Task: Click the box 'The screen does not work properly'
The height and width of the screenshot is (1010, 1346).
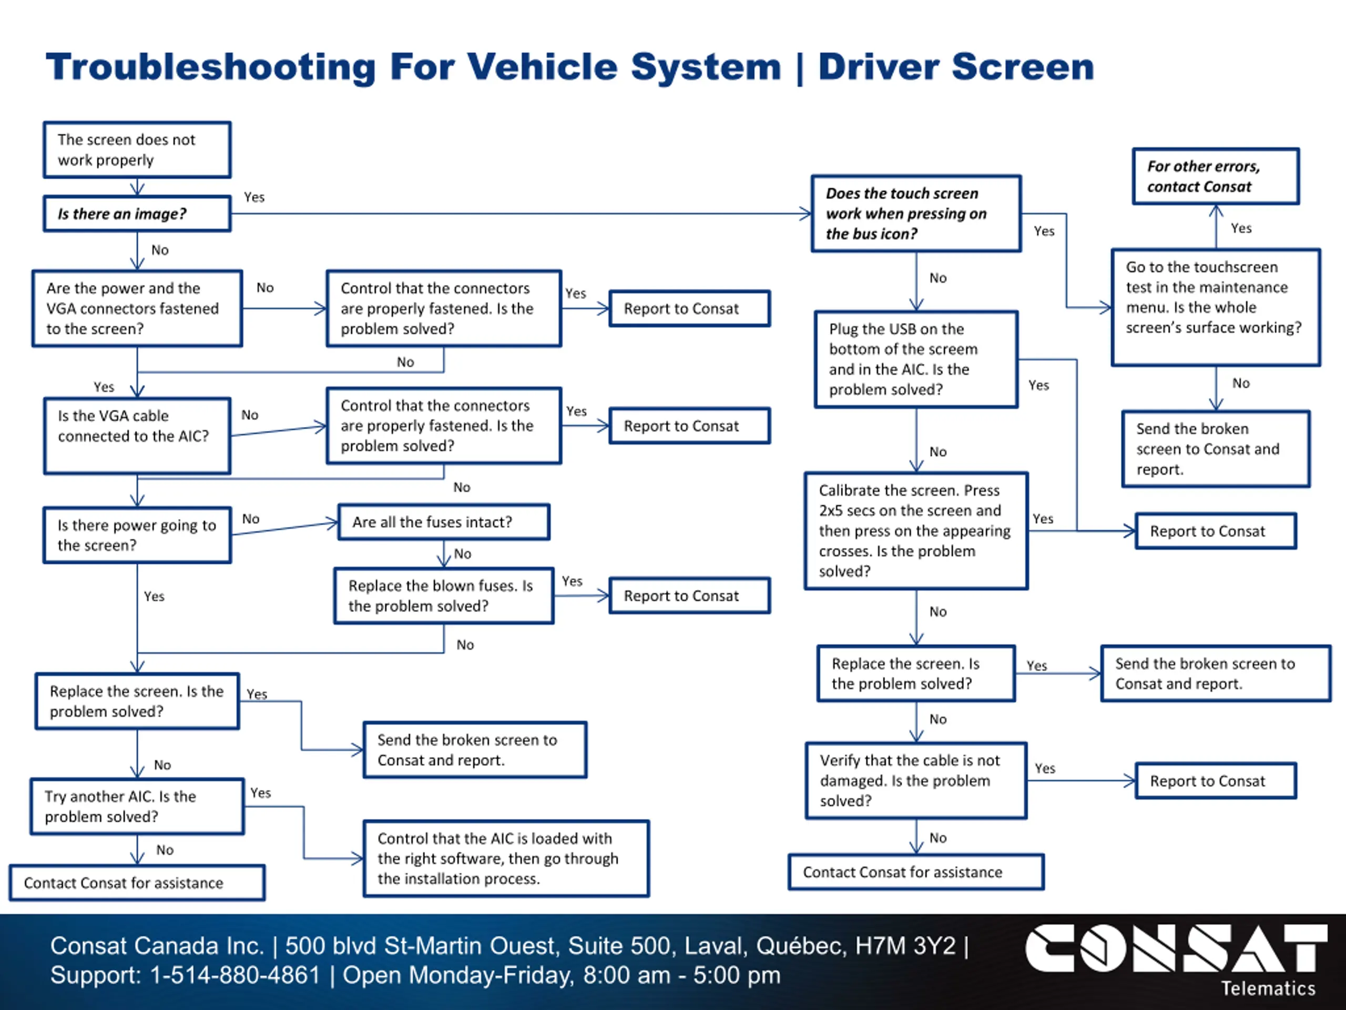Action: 137,150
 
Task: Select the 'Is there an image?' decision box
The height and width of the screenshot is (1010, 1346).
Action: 137,214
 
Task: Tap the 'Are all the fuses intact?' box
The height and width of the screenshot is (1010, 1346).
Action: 444,522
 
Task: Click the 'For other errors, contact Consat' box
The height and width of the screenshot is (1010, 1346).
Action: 1216,176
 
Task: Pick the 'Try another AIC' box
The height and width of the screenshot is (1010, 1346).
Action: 137,806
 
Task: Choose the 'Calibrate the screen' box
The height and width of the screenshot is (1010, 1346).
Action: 916,530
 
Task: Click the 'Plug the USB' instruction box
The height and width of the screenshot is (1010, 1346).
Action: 916,359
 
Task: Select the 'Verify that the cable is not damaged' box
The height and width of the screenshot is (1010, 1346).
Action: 916,781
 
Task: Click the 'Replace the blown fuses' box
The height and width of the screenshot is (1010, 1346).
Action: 444,595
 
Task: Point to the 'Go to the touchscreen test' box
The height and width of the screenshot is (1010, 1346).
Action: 1216,307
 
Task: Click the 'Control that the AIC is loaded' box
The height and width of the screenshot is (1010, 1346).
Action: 506,858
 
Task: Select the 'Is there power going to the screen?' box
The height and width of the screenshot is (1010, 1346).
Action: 137,535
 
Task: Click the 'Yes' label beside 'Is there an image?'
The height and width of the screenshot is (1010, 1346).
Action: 254,197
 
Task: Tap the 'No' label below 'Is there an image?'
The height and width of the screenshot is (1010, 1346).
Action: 160,250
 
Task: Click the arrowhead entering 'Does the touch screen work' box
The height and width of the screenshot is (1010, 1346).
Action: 805,214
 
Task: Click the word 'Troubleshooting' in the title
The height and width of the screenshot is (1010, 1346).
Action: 210,67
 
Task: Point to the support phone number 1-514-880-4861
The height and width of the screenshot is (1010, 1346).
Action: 235,975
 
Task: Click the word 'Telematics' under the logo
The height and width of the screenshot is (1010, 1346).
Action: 1268,988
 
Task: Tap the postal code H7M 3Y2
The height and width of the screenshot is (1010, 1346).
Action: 905,945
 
